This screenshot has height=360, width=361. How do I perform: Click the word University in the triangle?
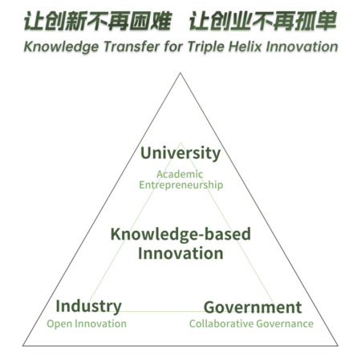point(180,153)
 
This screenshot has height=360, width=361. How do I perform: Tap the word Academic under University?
point(180,174)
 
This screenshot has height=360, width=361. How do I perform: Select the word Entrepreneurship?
point(181,185)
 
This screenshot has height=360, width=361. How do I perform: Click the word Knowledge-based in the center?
point(180,234)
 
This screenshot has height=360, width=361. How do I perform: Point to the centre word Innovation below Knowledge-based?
point(180,253)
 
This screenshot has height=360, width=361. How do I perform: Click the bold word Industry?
point(88,306)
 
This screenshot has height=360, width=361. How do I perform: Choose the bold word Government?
point(253,307)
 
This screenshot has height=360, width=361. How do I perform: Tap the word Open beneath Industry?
point(59,324)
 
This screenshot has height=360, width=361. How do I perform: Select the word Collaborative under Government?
point(221,324)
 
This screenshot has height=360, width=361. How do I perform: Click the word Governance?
point(285,324)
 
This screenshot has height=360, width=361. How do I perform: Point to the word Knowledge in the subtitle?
point(61,47)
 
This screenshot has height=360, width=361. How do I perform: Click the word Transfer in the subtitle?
point(132,47)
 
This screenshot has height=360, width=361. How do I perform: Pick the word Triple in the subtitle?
point(206,47)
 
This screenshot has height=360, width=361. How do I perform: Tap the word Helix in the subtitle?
point(245,47)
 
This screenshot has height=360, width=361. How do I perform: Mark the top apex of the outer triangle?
point(180,72)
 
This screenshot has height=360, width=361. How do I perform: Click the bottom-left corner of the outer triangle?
point(22,346)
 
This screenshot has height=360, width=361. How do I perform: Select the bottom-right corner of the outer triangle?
point(338,346)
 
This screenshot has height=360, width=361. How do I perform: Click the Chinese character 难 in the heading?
point(161,21)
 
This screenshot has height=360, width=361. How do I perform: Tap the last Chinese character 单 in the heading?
point(326,21)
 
